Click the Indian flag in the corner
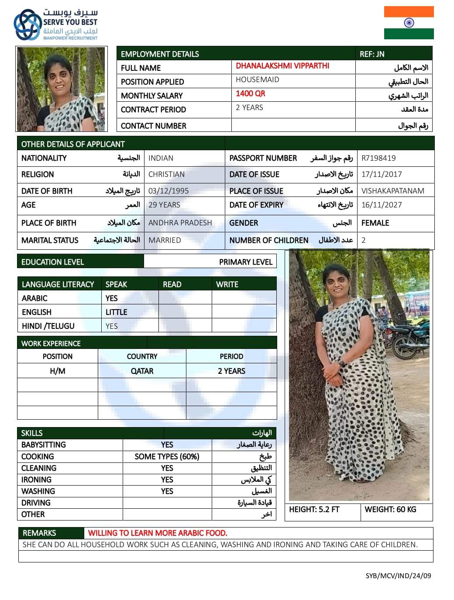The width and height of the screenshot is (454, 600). [x=409, y=23]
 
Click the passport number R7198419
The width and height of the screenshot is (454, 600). [x=378, y=158]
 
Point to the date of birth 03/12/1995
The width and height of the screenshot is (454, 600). [x=169, y=191]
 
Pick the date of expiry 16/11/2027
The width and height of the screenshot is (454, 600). [x=382, y=205]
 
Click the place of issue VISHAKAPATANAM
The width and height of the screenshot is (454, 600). [x=392, y=191]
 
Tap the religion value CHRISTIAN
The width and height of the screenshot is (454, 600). [x=166, y=174]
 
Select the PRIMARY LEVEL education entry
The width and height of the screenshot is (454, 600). [x=245, y=262]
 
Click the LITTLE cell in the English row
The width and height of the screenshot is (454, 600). [x=116, y=312]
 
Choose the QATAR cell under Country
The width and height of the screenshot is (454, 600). [x=142, y=371]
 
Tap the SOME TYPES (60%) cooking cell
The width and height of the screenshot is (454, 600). [x=167, y=456]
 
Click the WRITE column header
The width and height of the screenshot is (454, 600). [x=227, y=284]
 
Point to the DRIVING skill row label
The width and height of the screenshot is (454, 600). [x=36, y=503]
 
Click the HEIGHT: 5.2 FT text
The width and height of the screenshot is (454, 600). [x=314, y=510]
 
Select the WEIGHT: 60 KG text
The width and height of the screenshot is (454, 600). [x=390, y=510]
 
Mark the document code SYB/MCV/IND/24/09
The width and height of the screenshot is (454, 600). [x=398, y=576]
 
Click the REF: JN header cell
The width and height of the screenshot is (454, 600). [x=372, y=54]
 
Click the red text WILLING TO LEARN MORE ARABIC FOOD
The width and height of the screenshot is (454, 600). [x=158, y=533]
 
